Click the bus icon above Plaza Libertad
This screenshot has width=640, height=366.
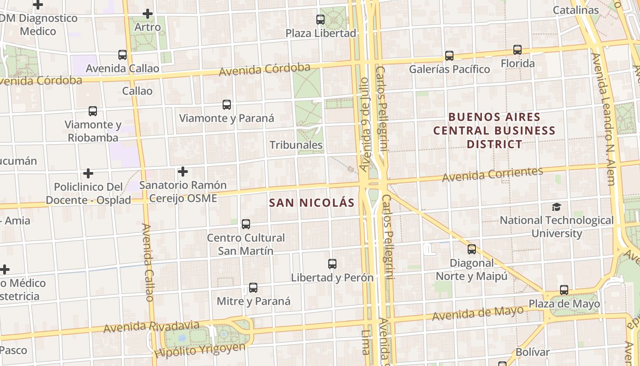coord(320,20)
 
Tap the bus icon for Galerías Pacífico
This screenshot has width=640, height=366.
coord(449,56)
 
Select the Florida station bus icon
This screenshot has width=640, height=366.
coord(517,50)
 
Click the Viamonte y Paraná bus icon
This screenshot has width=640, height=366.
coord(227,105)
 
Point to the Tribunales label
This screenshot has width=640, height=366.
coord(296,145)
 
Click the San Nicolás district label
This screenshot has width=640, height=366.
coord(312,203)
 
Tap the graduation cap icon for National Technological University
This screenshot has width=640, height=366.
coord(556,207)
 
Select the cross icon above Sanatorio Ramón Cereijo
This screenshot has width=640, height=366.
coord(183,172)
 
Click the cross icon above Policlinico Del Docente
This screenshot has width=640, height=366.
coord(88,173)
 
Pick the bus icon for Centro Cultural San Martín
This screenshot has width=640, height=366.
coord(246,224)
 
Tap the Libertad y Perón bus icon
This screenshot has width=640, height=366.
coord(332,264)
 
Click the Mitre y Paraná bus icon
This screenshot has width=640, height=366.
coord(253,288)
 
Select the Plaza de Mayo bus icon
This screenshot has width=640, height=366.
coord(564,290)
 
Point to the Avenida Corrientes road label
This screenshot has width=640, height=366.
coord(492,174)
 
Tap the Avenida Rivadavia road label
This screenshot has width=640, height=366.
coord(151,327)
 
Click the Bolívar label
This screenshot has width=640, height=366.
coord(532,352)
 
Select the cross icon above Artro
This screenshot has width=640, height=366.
coord(148,14)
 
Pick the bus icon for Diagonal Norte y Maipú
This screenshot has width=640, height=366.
coord(472,249)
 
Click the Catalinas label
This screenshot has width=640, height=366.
coord(576,10)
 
